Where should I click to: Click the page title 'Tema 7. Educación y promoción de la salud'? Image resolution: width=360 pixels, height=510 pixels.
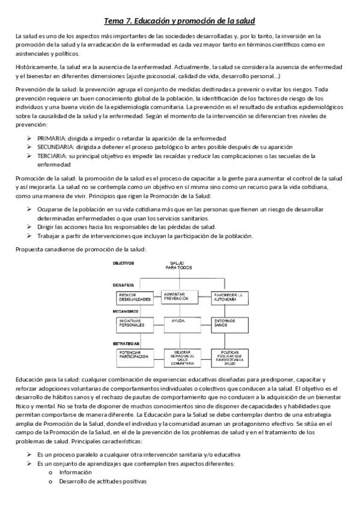click(x=180, y=21)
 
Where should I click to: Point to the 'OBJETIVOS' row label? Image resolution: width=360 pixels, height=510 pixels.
click(x=123, y=263)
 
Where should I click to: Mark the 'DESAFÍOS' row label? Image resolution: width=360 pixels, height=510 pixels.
click(x=123, y=284)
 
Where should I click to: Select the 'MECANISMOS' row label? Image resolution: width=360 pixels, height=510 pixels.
click(x=125, y=311)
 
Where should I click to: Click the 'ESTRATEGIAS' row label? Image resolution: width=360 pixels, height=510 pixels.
click(x=126, y=343)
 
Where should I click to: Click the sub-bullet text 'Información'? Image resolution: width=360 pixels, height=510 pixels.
click(x=72, y=472)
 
